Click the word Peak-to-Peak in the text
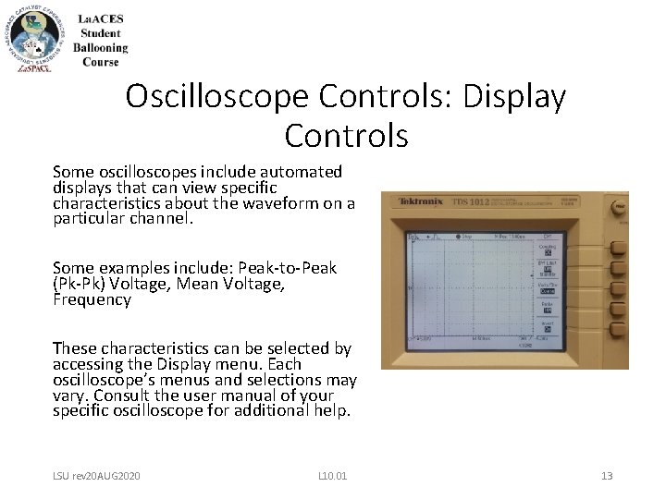coord(290,268)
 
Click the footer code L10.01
coord(332,475)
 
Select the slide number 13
coord(607,475)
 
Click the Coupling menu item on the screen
coord(548,249)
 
